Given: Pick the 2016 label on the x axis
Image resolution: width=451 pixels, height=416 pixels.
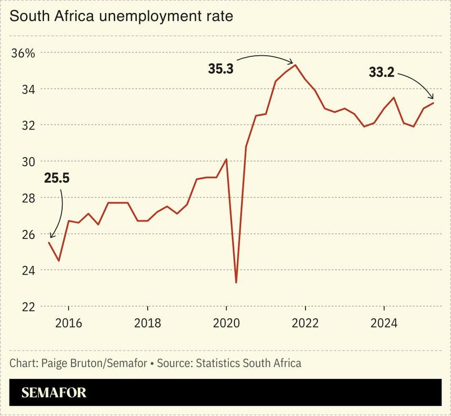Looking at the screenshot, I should (x=68, y=324).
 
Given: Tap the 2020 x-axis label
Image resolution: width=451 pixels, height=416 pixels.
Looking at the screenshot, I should (x=226, y=324).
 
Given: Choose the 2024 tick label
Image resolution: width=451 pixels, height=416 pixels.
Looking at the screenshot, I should (x=383, y=324).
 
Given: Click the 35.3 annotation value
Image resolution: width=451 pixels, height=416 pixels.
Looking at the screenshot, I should (x=220, y=70).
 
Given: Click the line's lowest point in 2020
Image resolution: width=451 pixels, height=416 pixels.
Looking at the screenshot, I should (x=236, y=282).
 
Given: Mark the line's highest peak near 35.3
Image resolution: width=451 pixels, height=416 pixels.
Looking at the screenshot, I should (x=295, y=65).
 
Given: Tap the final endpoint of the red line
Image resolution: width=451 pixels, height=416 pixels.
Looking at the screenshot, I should (x=433, y=103).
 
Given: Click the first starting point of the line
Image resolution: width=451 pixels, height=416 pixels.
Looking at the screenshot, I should (x=48, y=242).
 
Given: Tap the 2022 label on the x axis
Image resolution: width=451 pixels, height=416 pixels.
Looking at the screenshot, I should (x=305, y=324).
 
